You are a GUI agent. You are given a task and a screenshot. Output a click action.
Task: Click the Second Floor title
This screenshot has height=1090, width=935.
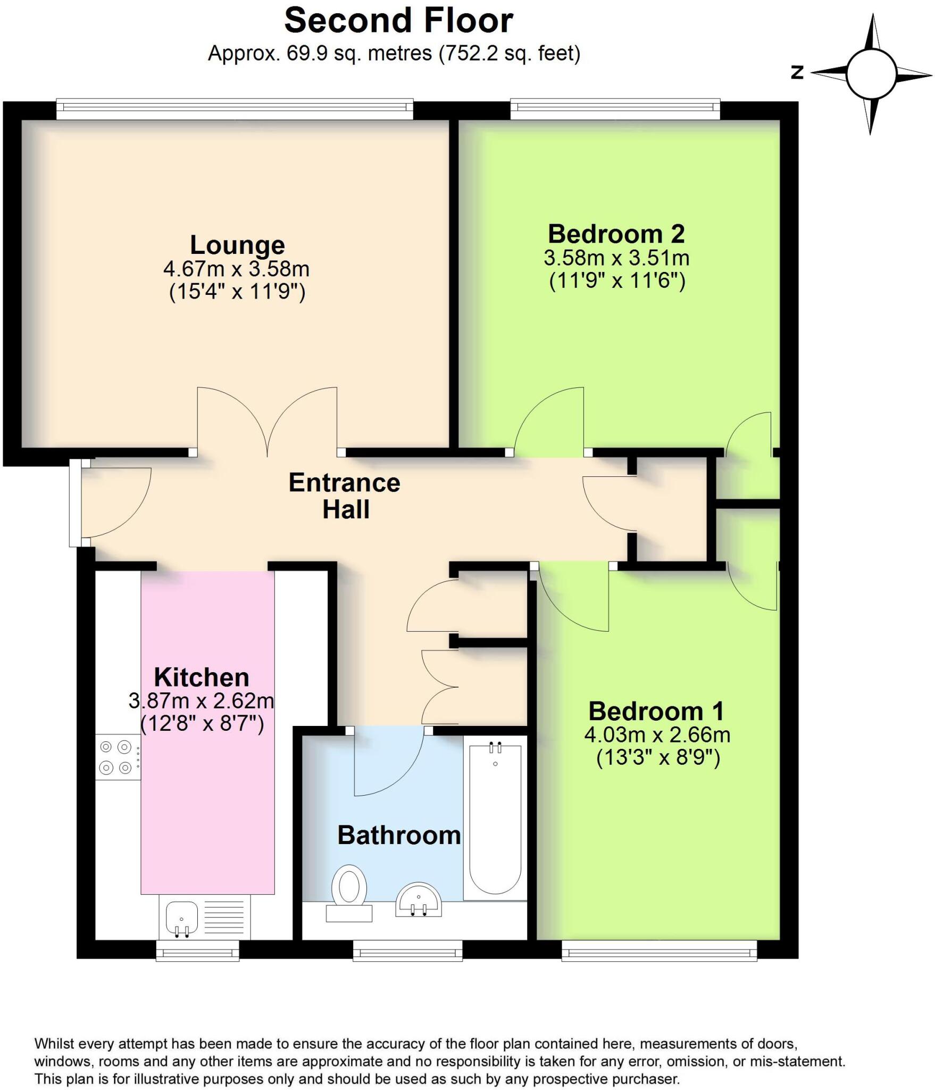[x=398, y=21]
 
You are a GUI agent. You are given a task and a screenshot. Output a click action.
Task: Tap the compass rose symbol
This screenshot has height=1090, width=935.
[x=871, y=74]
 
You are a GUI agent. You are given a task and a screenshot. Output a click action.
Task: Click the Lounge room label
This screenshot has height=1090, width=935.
[x=237, y=245]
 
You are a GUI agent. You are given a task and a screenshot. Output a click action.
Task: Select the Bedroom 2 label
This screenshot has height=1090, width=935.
[x=616, y=234]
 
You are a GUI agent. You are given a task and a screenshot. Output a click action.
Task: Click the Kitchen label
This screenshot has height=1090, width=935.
[x=202, y=678]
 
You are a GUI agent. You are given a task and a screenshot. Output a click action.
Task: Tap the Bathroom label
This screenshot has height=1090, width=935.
[x=399, y=835]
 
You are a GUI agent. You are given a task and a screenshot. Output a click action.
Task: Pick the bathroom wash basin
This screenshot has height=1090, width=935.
[x=419, y=900]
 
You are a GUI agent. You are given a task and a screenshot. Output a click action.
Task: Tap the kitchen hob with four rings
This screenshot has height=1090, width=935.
[x=117, y=757]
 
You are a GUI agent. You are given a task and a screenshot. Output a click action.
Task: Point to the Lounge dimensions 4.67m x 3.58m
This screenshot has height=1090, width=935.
[x=236, y=269]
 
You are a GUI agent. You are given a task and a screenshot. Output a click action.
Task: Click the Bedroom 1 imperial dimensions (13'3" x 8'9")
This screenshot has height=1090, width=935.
[x=658, y=757]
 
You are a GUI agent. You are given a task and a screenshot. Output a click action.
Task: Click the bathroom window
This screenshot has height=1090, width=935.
[x=408, y=950]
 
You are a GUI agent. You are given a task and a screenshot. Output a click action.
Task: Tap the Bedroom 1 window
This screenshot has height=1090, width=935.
[x=659, y=950]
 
